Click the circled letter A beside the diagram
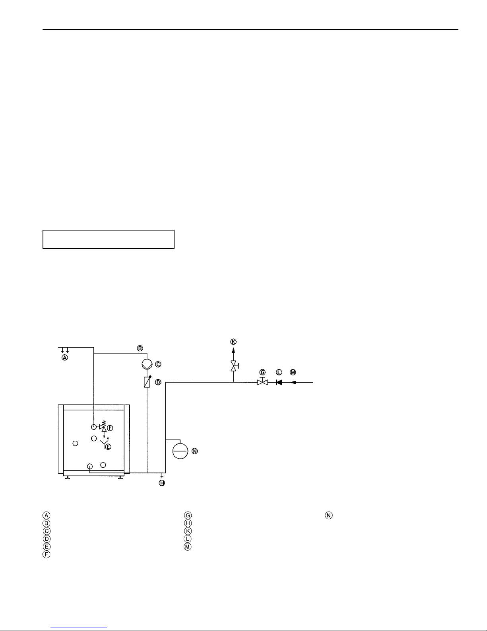tap(65, 358)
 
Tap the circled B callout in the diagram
tap(140, 348)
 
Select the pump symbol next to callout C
tap(147, 364)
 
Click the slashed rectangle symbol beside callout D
tap(147, 382)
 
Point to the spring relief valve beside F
tap(103, 426)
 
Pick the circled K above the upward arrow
tap(233, 342)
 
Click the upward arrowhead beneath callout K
tap(233, 350)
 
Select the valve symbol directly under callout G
tap(263, 382)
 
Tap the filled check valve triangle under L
tap(279, 383)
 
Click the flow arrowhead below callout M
tap(293, 383)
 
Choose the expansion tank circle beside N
tap(180, 451)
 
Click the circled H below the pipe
tap(162, 483)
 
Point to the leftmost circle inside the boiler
tap(76, 443)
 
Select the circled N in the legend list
tap(328, 516)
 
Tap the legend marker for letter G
tap(188, 516)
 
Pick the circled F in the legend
tap(47, 554)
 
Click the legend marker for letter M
tap(188, 547)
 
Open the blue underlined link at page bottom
tap(79, 627)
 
